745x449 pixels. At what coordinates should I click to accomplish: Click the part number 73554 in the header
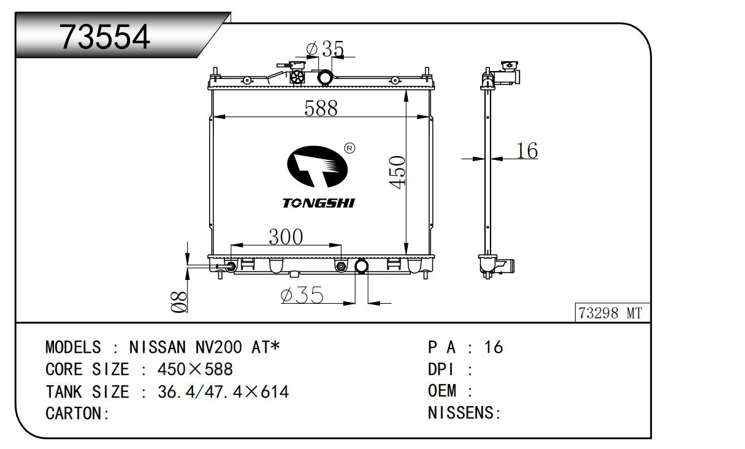pos(104,37)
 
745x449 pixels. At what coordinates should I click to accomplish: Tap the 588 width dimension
pos(321,108)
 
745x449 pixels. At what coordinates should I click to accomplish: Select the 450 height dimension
pos(397,172)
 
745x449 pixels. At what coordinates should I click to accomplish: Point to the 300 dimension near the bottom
pos(286,236)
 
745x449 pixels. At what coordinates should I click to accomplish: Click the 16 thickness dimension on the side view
pos(527,151)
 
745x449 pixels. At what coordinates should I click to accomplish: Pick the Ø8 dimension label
pos(179,302)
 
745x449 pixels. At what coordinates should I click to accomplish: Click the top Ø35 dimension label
pos(325,49)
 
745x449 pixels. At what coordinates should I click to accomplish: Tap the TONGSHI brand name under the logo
pos(319,203)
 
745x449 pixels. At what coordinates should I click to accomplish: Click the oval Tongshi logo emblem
pos(317,167)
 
